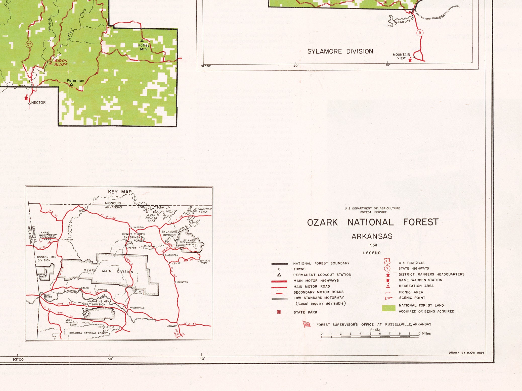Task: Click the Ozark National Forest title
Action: click(373, 222)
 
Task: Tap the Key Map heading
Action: click(120, 192)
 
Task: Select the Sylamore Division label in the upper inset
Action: click(340, 51)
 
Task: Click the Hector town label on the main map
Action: click(38, 102)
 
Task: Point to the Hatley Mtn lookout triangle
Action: click(142, 40)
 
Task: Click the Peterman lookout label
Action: click(75, 81)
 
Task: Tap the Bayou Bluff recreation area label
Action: click(61, 63)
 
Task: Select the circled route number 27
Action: click(29, 45)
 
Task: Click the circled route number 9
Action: click(420, 33)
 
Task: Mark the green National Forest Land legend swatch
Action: click(388, 308)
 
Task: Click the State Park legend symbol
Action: click(279, 312)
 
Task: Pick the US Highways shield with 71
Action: click(387, 262)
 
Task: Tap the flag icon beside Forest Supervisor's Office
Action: click(307, 324)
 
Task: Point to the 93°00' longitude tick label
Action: click(19, 359)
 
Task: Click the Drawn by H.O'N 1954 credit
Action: click(466, 353)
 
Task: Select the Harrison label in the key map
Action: click(139, 227)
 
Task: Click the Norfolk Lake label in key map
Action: click(204, 210)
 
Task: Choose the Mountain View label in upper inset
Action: click(401, 56)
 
